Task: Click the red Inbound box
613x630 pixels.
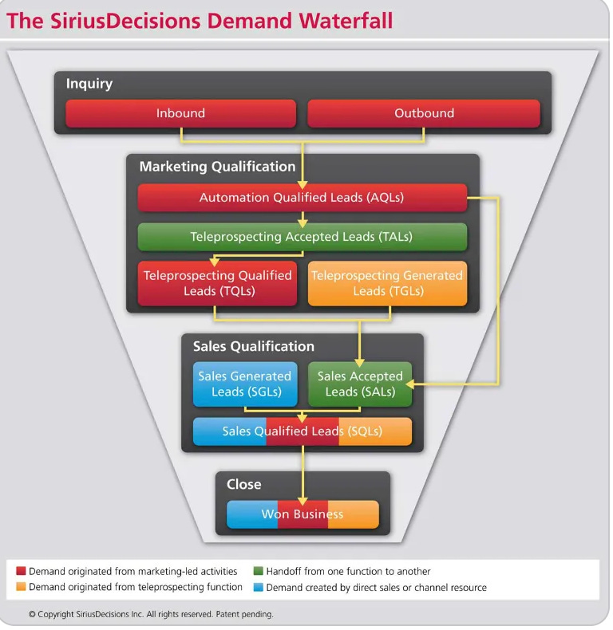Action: [180, 113]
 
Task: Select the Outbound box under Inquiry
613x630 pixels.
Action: [424, 113]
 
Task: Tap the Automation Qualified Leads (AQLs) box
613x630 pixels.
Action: [302, 198]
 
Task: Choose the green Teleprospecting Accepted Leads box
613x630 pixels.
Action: [302, 237]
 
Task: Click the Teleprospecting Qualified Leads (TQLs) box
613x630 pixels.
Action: [217, 283]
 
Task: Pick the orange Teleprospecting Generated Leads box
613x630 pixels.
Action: [387, 283]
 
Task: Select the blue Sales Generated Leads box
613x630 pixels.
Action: [245, 384]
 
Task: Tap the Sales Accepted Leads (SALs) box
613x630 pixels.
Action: [360, 384]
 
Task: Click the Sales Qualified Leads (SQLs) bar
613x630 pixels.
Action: [302, 431]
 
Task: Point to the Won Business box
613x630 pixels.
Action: [302, 514]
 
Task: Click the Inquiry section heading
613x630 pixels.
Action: [89, 84]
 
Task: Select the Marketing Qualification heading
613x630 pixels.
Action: [217, 167]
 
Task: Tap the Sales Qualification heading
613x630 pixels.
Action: [254, 346]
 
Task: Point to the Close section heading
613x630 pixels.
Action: [243, 484]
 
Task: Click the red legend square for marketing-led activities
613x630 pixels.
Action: [21, 572]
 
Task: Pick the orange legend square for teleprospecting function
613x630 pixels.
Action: [21, 588]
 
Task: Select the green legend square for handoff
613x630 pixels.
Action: [258, 572]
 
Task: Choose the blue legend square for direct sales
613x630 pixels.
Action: [258, 588]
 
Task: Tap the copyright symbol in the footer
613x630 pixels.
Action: [32, 615]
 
